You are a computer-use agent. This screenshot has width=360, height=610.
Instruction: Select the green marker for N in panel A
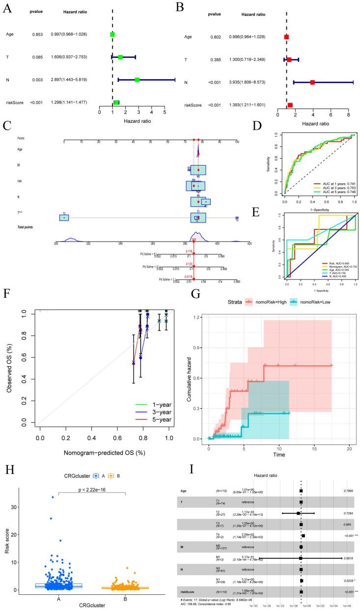[138, 80]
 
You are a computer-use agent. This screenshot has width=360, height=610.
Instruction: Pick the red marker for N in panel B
[312, 83]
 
